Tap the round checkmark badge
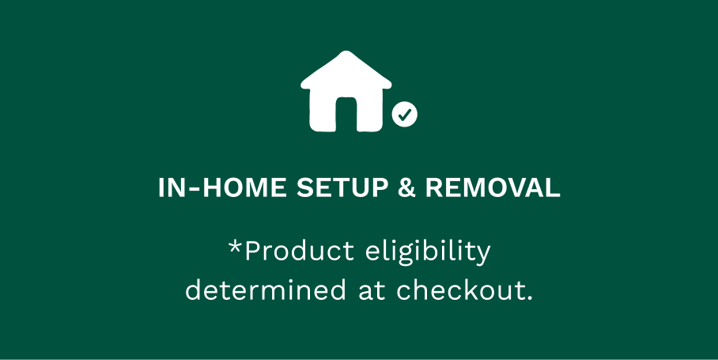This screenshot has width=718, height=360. [405, 116]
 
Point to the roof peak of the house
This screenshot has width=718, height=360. [346, 55]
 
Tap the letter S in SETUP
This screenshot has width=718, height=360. [303, 189]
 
